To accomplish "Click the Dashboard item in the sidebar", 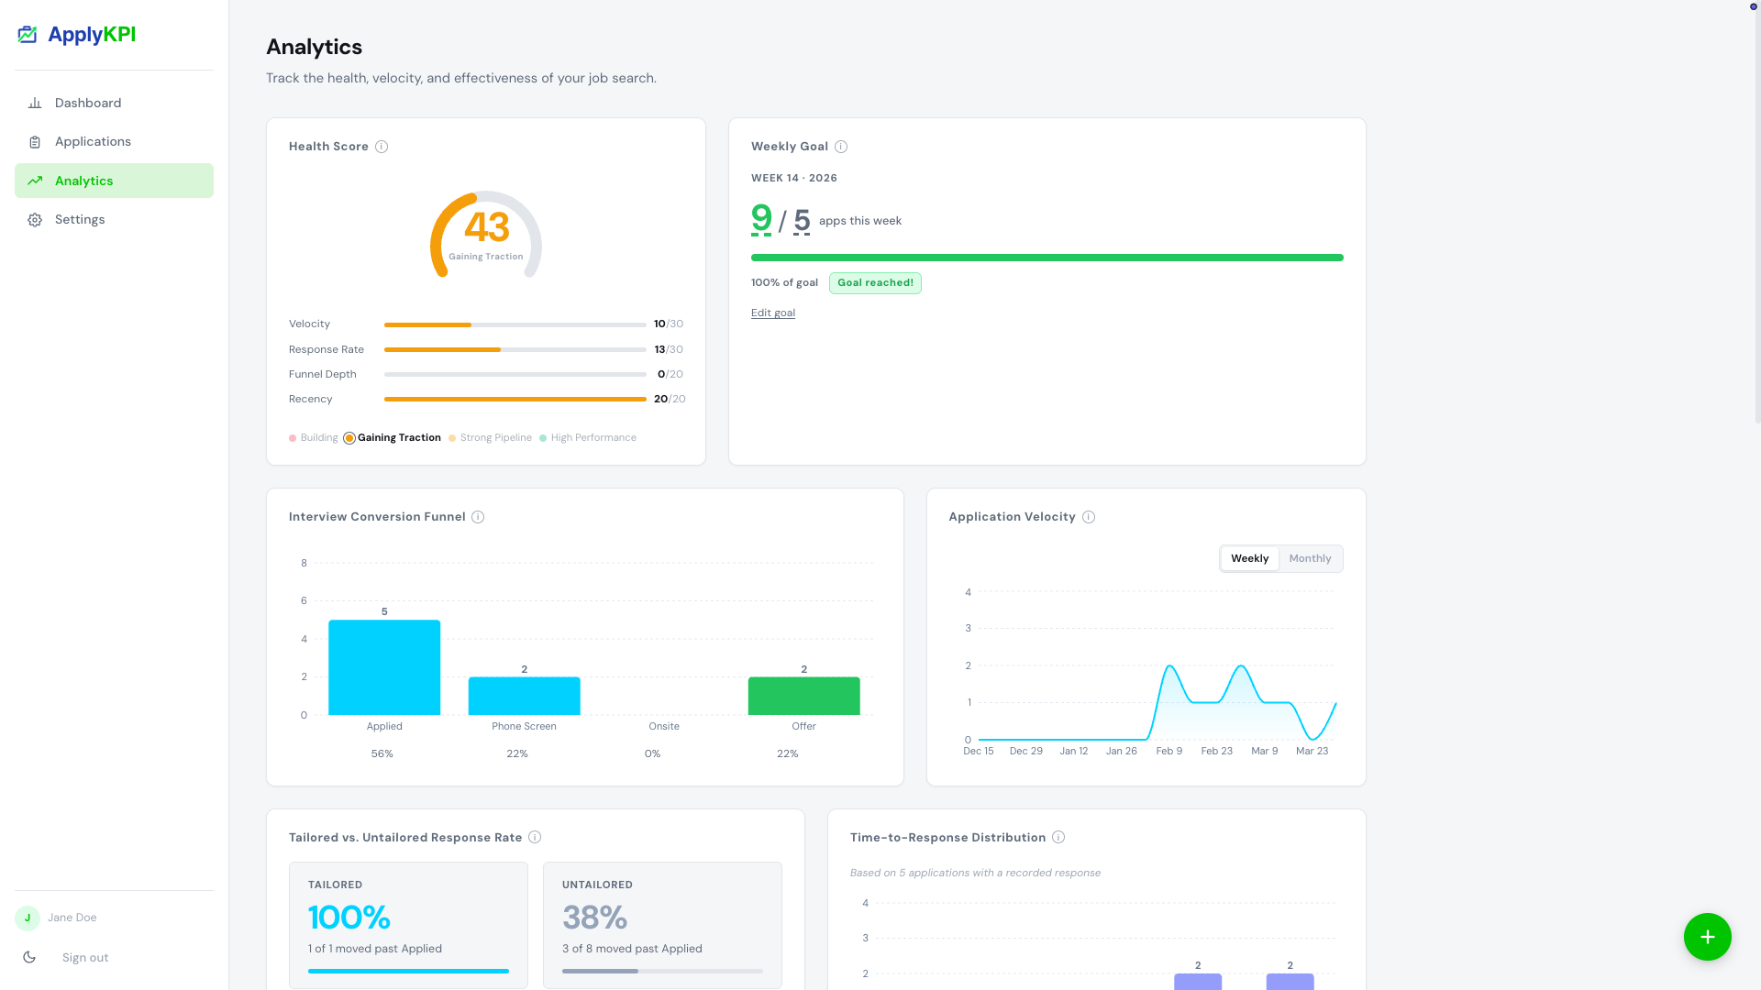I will (x=88, y=103).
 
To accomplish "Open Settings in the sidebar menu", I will (x=80, y=220).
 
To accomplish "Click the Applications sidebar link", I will (x=93, y=142).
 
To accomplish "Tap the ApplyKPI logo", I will (x=77, y=35).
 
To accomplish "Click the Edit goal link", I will (x=772, y=313).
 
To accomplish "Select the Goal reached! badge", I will (x=875, y=283).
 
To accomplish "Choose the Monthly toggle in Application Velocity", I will (x=1309, y=559).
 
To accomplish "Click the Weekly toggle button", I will (x=1249, y=559).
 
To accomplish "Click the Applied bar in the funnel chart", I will (x=384, y=668).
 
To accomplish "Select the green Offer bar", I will (x=803, y=697).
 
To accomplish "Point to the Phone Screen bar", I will (x=524, y=697).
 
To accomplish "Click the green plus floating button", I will (x=1707, y=937).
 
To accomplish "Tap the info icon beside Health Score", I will (x=382, y=147).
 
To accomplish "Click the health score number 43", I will (x=486, y=227).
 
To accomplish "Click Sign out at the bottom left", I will (x=85, y=958).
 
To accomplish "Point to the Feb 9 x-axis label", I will (x=1168, y=752).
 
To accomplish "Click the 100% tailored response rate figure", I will (x=349, y=918).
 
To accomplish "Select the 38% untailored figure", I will (x=594, y=918).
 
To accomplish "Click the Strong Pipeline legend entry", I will (x=495, y=438).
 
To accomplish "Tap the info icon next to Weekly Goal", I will (x=841, y=147).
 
